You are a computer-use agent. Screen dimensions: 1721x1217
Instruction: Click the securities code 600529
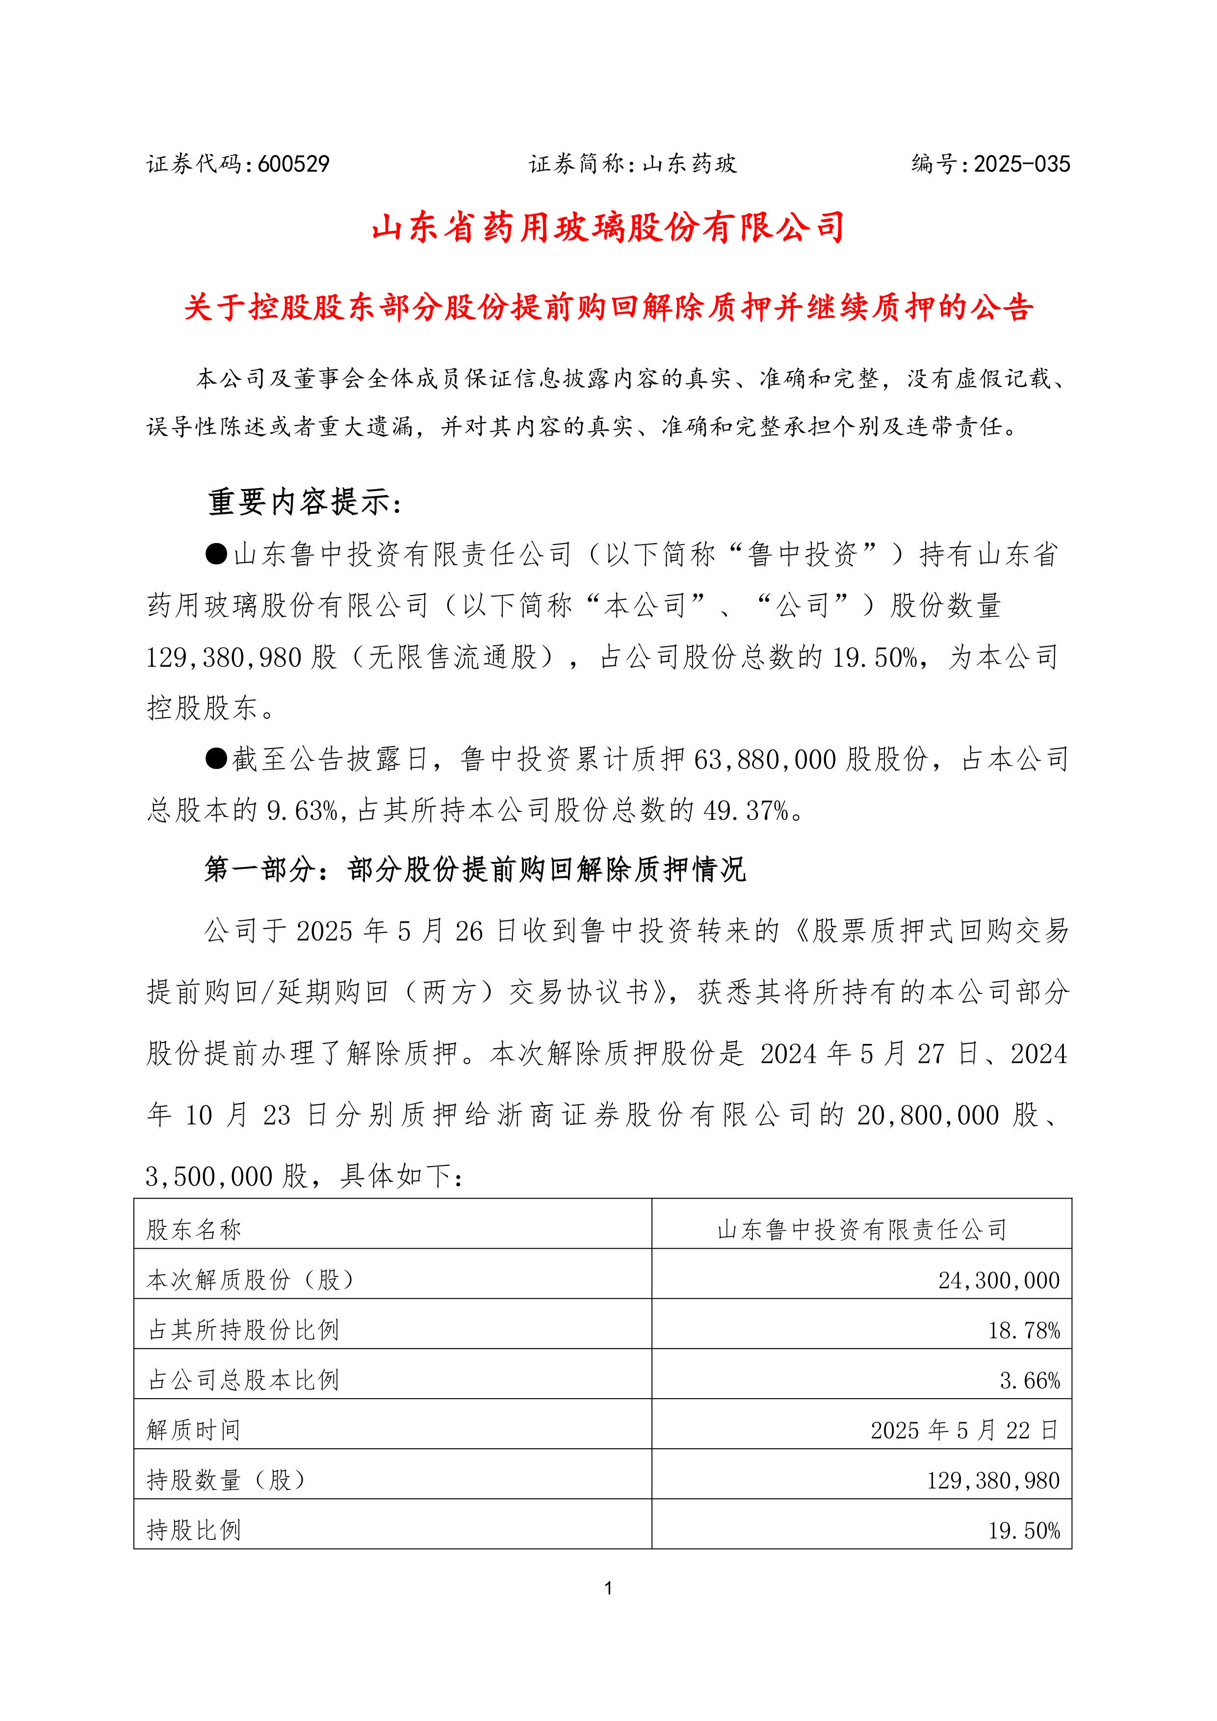tap(293, 164)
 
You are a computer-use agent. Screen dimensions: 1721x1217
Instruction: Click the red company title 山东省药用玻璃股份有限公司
tap(608, 228)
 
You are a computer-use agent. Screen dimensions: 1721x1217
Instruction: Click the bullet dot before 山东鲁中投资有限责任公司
tap(217, 554)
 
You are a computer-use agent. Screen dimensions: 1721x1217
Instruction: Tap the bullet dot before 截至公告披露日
tap(217, 758)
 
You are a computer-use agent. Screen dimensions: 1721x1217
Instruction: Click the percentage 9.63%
tap(303, 811)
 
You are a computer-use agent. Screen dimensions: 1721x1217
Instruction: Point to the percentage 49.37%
tap(746, 811)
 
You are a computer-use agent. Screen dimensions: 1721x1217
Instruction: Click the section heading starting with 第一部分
tap(475, 869)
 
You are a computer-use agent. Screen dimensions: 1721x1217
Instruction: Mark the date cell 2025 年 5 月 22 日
tap(964, 1430)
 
